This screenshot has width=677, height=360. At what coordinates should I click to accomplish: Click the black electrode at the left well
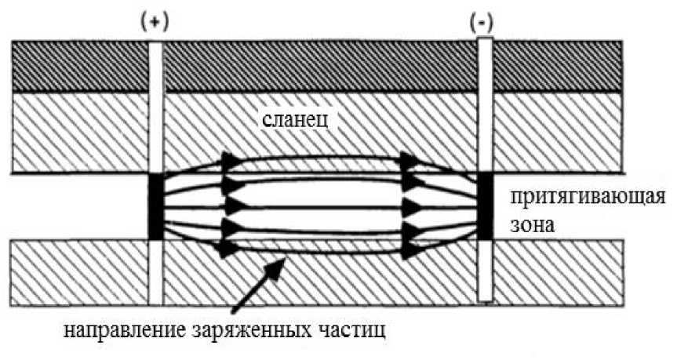155,206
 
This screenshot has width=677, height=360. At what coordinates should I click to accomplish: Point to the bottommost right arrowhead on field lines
409,250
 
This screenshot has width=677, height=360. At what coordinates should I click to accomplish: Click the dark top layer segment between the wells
319,65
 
